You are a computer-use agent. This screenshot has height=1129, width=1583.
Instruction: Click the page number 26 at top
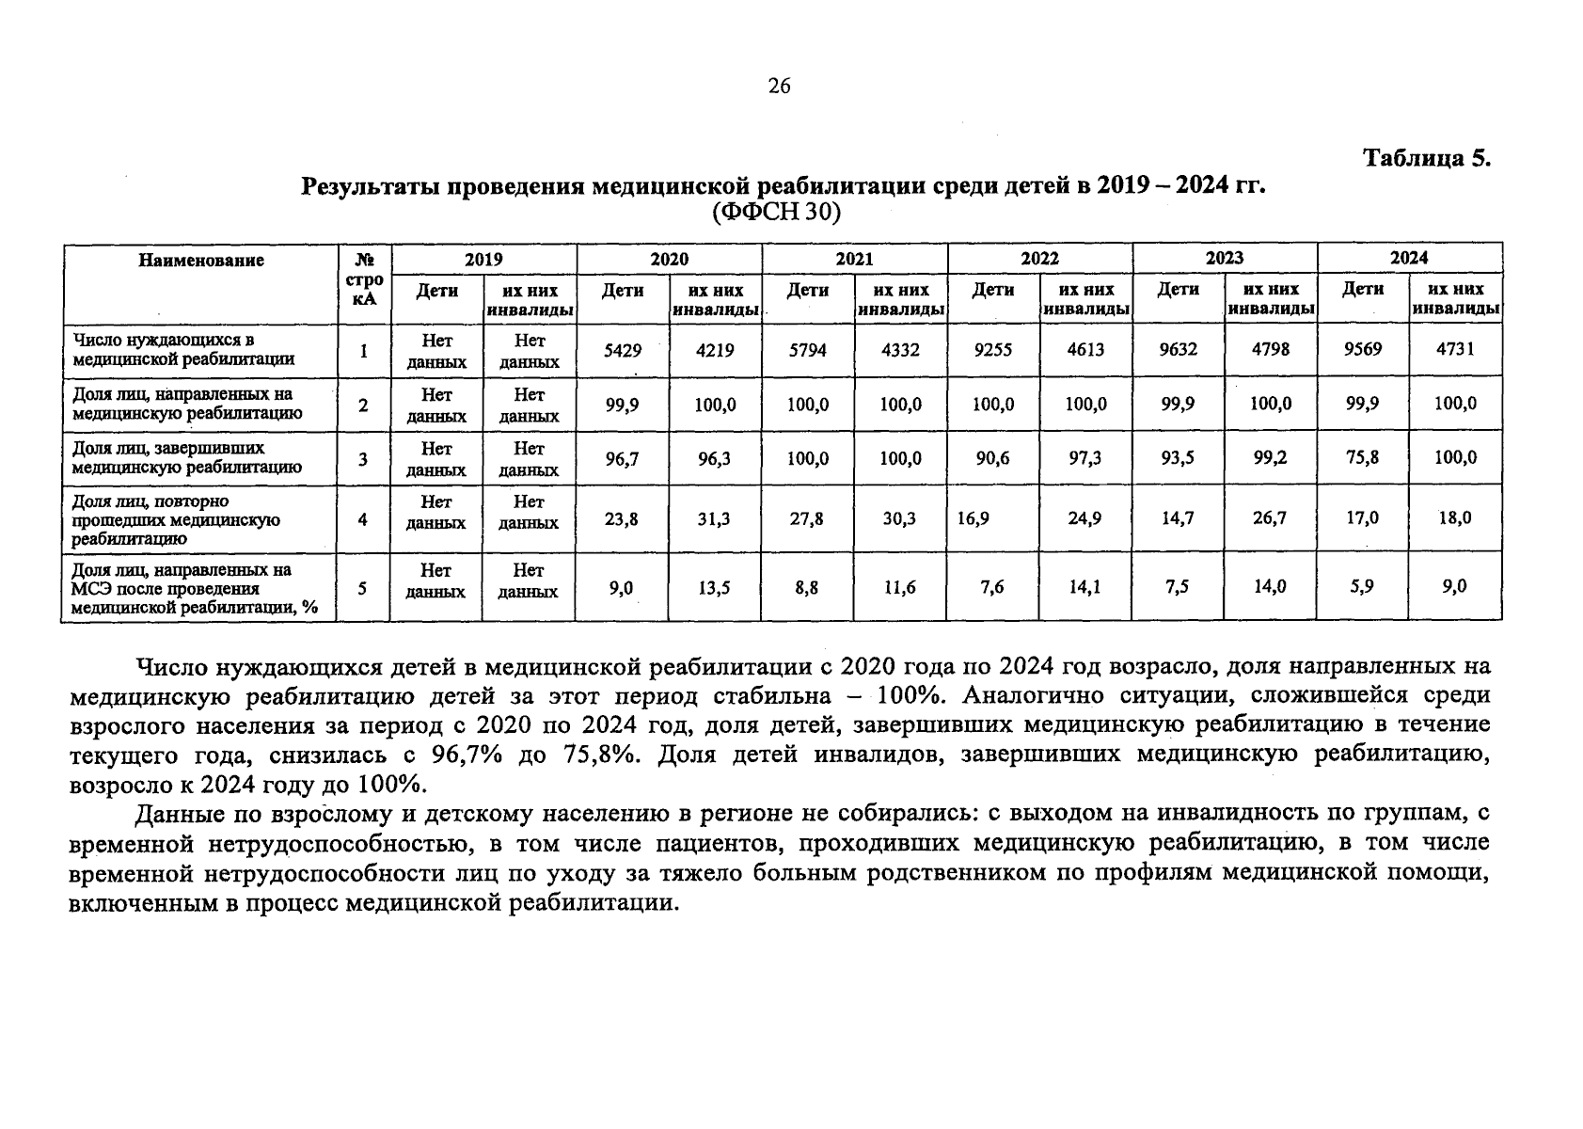[x=779, y=87]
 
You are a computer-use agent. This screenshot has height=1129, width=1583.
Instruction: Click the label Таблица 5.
[x=1427, y=157]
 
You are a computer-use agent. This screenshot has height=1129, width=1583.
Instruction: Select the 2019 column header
[x=483, y=259]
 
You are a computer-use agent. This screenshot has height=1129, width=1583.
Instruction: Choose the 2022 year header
[x=1039, y=258]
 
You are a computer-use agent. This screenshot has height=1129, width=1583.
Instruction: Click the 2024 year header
[x=1409, y=258]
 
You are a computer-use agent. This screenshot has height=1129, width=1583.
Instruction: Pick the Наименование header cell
[x=201, y=261]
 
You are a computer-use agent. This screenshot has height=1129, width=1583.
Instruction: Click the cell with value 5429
[x=622, y=350]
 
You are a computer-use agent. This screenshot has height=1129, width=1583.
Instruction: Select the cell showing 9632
[x=1178, y=349]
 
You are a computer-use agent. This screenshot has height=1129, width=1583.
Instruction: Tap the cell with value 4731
[x=1455, y=349]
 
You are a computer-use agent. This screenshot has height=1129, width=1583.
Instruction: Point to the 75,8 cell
[x=1362, y=457]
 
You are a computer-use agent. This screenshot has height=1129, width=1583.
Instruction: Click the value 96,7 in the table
[x=622, y=458]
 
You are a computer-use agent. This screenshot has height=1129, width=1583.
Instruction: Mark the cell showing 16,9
[x=974, y=517]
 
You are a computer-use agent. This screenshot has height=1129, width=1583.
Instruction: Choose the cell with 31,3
[x=714, y=518]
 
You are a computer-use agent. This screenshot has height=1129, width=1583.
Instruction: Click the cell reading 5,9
[x=1362, y=586]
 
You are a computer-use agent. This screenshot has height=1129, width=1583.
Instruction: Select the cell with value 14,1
[x=1085, y=587]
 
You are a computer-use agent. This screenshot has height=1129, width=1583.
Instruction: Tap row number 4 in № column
[x=362, y=518]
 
